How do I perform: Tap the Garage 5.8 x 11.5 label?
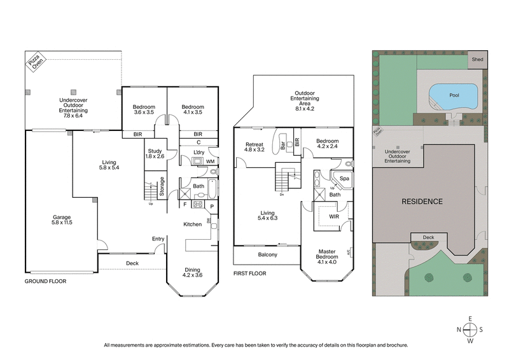click(62, 220)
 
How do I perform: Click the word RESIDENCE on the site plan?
click(421, 202)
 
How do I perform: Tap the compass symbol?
click(470, 329)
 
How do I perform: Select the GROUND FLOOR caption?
click(45, 280)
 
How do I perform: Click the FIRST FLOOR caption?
click(249, 273)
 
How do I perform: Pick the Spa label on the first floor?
click(344, 179)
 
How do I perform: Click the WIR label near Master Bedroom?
click(333, 216)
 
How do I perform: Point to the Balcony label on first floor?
click(267, 254)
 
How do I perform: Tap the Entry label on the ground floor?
click(158, 239)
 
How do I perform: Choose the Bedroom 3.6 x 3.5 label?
click(144, 110)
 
